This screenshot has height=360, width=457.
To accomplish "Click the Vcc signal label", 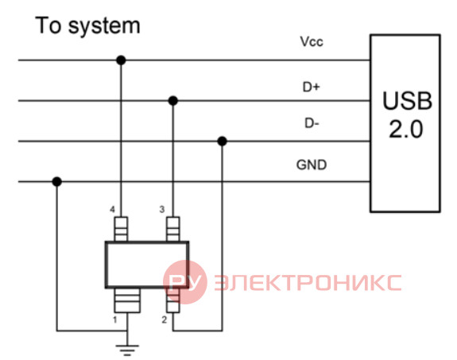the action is (x=312, y=41).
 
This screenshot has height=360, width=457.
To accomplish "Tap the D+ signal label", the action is (x=312, y=87).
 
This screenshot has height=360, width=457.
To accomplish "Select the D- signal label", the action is (x=312, y=124).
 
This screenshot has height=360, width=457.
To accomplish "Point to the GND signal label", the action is (x=312, y=165).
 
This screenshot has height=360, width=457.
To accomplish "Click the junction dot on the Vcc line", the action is (x=121, y=60).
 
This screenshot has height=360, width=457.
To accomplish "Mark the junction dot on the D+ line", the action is (x=173, y=101).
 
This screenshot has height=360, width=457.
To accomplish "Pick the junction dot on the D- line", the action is (x=222, y=141).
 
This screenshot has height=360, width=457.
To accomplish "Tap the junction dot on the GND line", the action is (x=57, y=182).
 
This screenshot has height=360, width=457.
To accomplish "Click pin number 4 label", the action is (x=113, y=209).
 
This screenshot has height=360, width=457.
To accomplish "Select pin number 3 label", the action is (x=162, y=209).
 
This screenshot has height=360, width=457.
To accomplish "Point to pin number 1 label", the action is (x=114, y=319).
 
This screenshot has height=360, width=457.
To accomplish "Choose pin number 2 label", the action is (x=165, y=319).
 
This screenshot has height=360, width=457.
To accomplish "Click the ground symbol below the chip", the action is (x=127, y=350).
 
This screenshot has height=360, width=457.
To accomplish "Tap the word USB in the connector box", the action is (x=407, y=101).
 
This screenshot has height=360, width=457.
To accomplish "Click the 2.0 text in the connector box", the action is (x=405, y=129).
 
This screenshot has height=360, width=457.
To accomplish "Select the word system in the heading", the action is (x=104, y=26).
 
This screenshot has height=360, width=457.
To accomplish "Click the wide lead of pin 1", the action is (x=127, y=300).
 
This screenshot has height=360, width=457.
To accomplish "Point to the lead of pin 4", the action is (x=121, y=229).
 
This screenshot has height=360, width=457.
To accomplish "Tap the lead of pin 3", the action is (x=173, y=229).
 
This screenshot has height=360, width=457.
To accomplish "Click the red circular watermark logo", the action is (x=185, y=282).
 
